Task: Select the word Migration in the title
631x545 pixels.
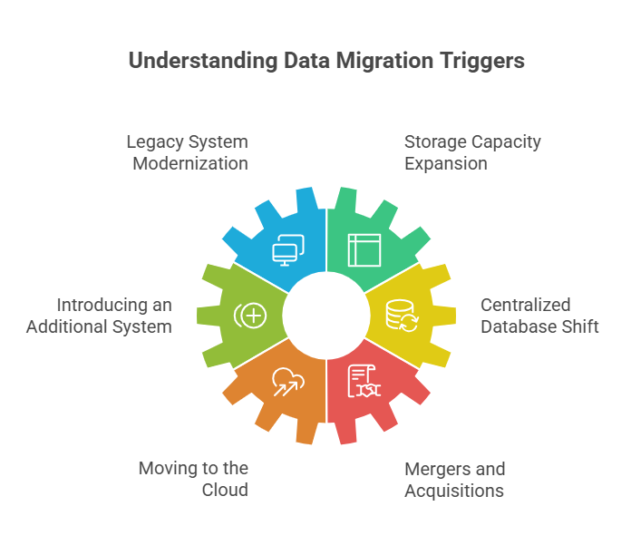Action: [384, 61]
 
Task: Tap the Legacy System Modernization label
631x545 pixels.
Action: [187, 152]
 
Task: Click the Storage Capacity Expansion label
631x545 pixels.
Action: [472, 152]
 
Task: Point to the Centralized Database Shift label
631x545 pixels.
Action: [539, 316]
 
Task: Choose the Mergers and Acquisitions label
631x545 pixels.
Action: [455, 480]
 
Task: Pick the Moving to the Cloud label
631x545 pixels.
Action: [193, 479]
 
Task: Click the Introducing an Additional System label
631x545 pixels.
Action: [99, 316]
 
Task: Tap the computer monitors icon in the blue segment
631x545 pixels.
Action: [288, 250]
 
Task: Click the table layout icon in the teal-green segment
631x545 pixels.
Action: [364, 250]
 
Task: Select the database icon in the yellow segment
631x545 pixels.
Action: [402, 316]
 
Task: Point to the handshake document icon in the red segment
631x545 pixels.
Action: [364, 381]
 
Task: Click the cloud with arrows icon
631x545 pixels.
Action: [288, 382]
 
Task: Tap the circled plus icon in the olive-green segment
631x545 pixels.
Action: [250, 316]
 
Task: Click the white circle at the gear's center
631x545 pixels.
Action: [326, 316]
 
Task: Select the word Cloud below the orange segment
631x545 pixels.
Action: [225, 490]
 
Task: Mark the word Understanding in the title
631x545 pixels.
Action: [203, 61]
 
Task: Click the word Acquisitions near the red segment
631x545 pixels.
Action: [454, 491]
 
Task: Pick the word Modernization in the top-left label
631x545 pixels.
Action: [190, 164]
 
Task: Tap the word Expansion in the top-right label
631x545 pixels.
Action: [446, 164]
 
